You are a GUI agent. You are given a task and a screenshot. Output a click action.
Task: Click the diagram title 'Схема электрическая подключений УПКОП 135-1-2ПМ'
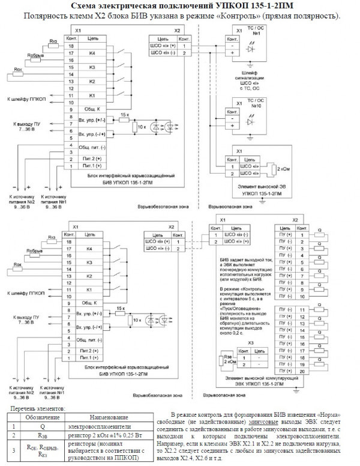pos(181,5)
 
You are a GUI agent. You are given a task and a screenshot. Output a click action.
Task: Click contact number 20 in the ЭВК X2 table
pos(304,372)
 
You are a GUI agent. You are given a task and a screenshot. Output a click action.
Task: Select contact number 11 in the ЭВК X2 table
pos(304,309)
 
